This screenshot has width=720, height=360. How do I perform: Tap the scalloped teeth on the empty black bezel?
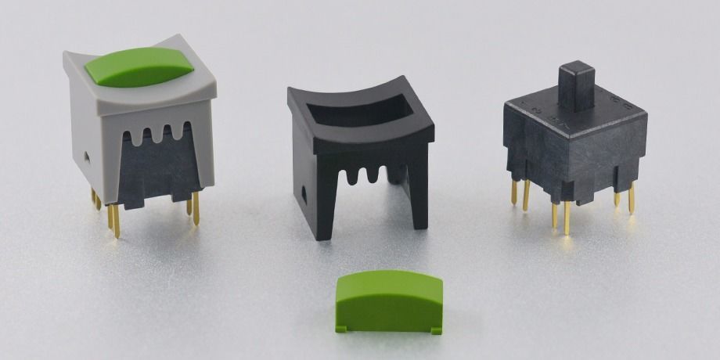click(368, 171)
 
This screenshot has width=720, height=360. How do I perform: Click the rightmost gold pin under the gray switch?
click(196, 209)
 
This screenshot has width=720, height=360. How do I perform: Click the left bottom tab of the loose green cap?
click(343, 325)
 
